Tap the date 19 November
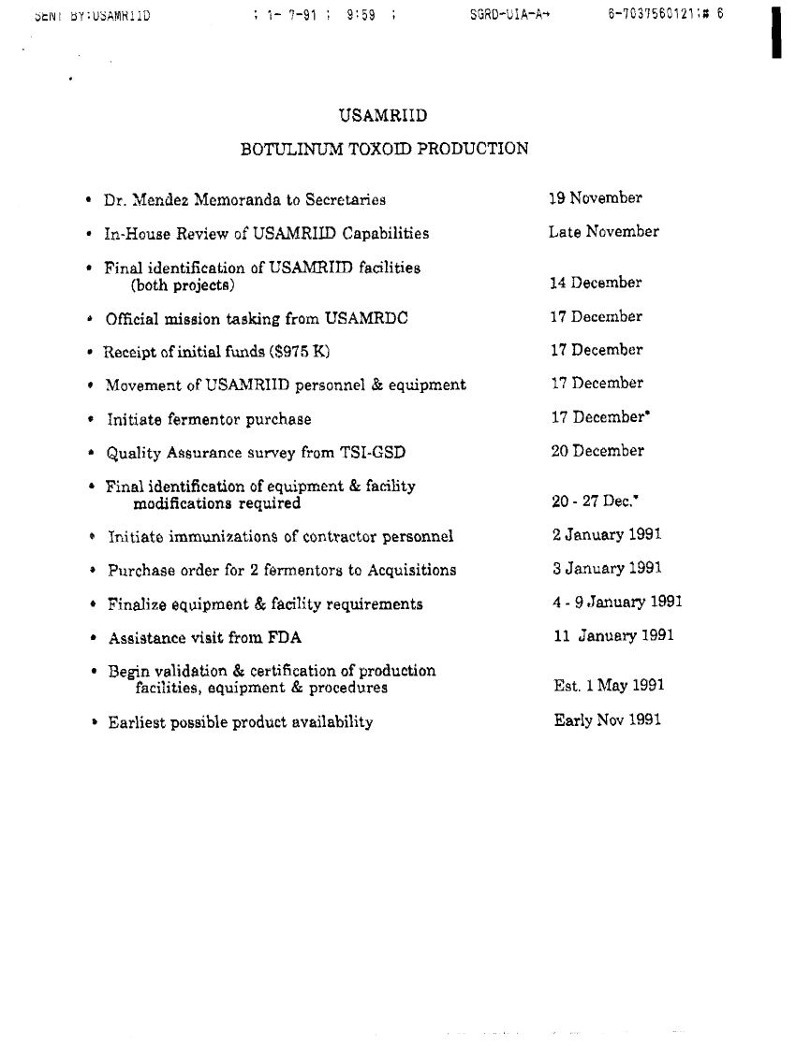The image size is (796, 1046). coord(596,197)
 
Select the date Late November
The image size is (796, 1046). coord(604,231)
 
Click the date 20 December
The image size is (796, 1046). coord(597,451)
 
